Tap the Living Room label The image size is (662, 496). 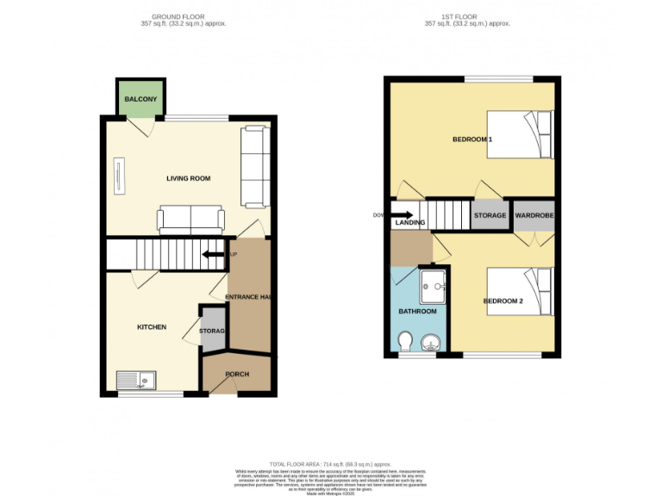coord(189,178)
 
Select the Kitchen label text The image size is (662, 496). coord(152,327)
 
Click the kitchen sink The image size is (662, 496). coord(134,379)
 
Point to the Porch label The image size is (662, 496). coord(237,374)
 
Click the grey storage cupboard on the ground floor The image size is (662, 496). coord(212,331)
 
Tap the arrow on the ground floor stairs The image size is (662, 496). coord(209,254)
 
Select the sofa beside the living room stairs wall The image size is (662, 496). coord(190,220)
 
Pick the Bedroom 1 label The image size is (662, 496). coord(472,139)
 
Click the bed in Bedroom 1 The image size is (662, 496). coord(520,134)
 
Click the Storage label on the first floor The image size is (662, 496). coord(490,214)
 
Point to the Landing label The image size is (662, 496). coord(409,223)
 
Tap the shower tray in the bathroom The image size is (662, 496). coord(433,284)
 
